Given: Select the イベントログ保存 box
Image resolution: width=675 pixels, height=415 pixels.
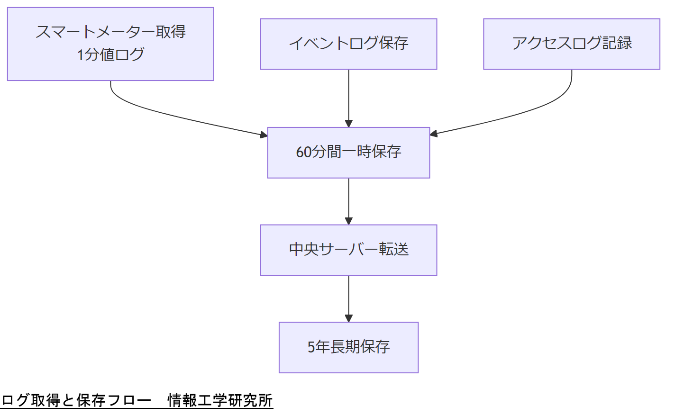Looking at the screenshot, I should [x=348, y=44].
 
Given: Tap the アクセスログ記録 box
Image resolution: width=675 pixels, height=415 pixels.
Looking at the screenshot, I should [x=571, y=44].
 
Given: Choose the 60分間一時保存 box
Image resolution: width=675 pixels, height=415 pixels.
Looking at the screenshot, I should [x=348, y=153].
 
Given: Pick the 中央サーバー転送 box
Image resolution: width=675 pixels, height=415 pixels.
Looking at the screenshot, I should [x=348, y=250].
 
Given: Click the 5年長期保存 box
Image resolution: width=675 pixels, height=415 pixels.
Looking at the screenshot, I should [x=348, y=347].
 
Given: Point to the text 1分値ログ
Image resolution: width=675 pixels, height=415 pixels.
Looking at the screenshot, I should [x=110, y=55].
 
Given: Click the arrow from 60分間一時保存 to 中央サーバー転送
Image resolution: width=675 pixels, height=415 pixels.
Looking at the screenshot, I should [x=348, y=199].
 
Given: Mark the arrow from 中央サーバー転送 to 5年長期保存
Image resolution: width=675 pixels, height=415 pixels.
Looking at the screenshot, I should [x=348, y=297].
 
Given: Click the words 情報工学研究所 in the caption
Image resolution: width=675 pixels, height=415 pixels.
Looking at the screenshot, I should [x=220, y=401].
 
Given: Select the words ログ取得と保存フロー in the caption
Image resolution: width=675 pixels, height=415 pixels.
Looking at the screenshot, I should [x=76, y=401].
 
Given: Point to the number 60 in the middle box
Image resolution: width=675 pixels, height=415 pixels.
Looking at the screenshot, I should [x=304, y=153].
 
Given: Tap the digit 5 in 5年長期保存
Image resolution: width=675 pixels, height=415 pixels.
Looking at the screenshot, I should [x=311, y=347].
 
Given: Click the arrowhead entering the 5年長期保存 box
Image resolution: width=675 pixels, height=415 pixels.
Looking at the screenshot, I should [x=348, y=318].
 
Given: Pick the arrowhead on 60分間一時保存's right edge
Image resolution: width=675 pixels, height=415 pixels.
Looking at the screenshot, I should [x=434, y=134].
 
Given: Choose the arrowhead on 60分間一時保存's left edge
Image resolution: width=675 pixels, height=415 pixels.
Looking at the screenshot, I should [x=264, y=135].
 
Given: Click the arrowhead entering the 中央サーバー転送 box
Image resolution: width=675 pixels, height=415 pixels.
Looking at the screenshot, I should [x=348, y=221].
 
